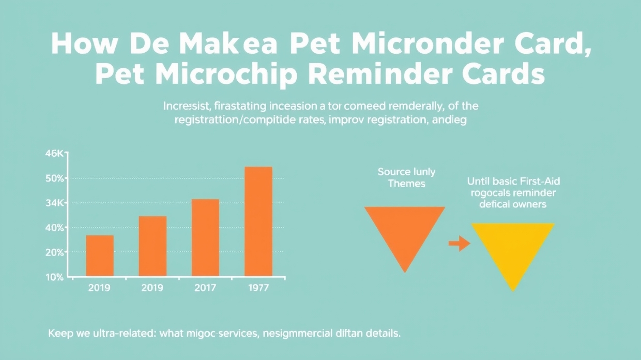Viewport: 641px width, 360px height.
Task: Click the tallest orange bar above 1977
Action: tap(258, 221)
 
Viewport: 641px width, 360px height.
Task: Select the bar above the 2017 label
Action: tap(205, 237)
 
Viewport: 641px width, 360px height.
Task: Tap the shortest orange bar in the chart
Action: tap(100, 256)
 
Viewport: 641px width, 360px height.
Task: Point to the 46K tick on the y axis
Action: tap(54, 154)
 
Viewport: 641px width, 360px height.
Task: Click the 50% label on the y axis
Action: tap(54, 178)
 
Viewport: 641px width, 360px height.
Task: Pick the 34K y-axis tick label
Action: tap(54, 203)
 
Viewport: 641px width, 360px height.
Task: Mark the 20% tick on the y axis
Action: tap(54, 252)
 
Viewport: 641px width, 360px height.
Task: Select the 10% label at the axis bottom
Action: tap(54, 277)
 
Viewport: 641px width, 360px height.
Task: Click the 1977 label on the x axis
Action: tap(258, 288)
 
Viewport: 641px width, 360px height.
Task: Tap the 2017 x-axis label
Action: tap(205, 288)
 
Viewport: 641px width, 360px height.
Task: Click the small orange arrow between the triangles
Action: tap(459, 243)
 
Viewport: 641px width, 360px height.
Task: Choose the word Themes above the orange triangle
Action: tap(406, 184)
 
